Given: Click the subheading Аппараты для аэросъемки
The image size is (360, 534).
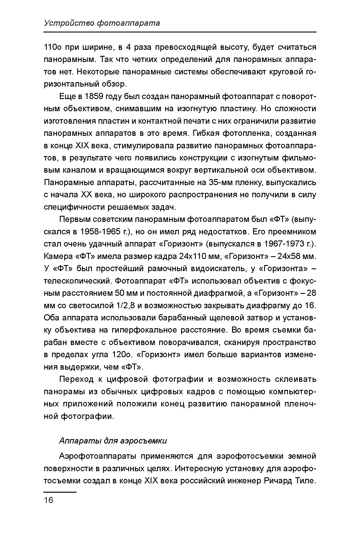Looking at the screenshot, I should point(113,440).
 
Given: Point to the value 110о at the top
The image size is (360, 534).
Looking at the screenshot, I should point(52,47).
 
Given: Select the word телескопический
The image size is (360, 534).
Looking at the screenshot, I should point(77,281).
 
